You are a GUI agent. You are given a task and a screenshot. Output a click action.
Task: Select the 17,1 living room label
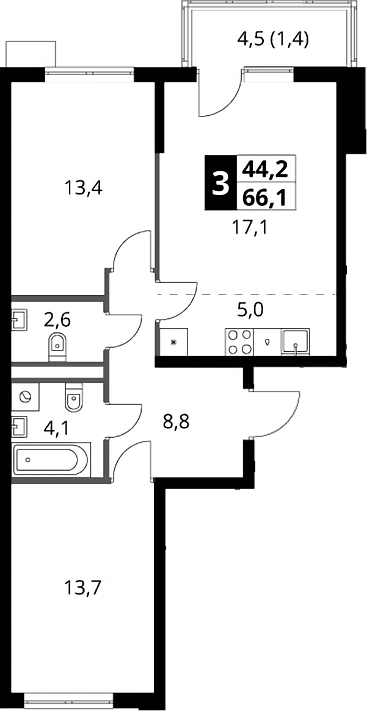point(250,226)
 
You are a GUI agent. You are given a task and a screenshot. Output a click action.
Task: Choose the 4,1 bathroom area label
point(57,427)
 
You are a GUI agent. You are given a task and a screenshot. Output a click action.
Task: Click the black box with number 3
point(220,183)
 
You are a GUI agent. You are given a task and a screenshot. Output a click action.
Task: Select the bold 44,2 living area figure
point(266,169)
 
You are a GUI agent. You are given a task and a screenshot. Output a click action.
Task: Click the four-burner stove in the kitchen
point(239,342)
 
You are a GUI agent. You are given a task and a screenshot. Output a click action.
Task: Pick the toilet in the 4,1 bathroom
point(73,395)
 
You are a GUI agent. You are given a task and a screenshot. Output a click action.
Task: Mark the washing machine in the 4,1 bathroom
point(25,396)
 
